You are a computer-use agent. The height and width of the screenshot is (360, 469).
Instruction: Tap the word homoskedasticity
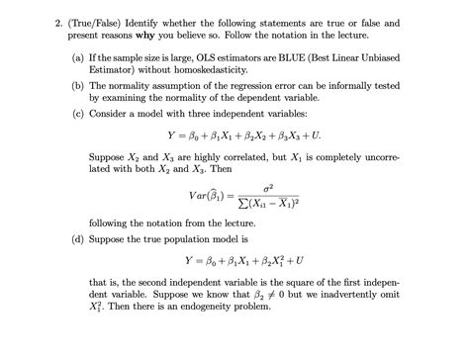tap(212, 73)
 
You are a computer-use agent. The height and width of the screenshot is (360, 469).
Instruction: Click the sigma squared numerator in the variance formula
tap(267, 186)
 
